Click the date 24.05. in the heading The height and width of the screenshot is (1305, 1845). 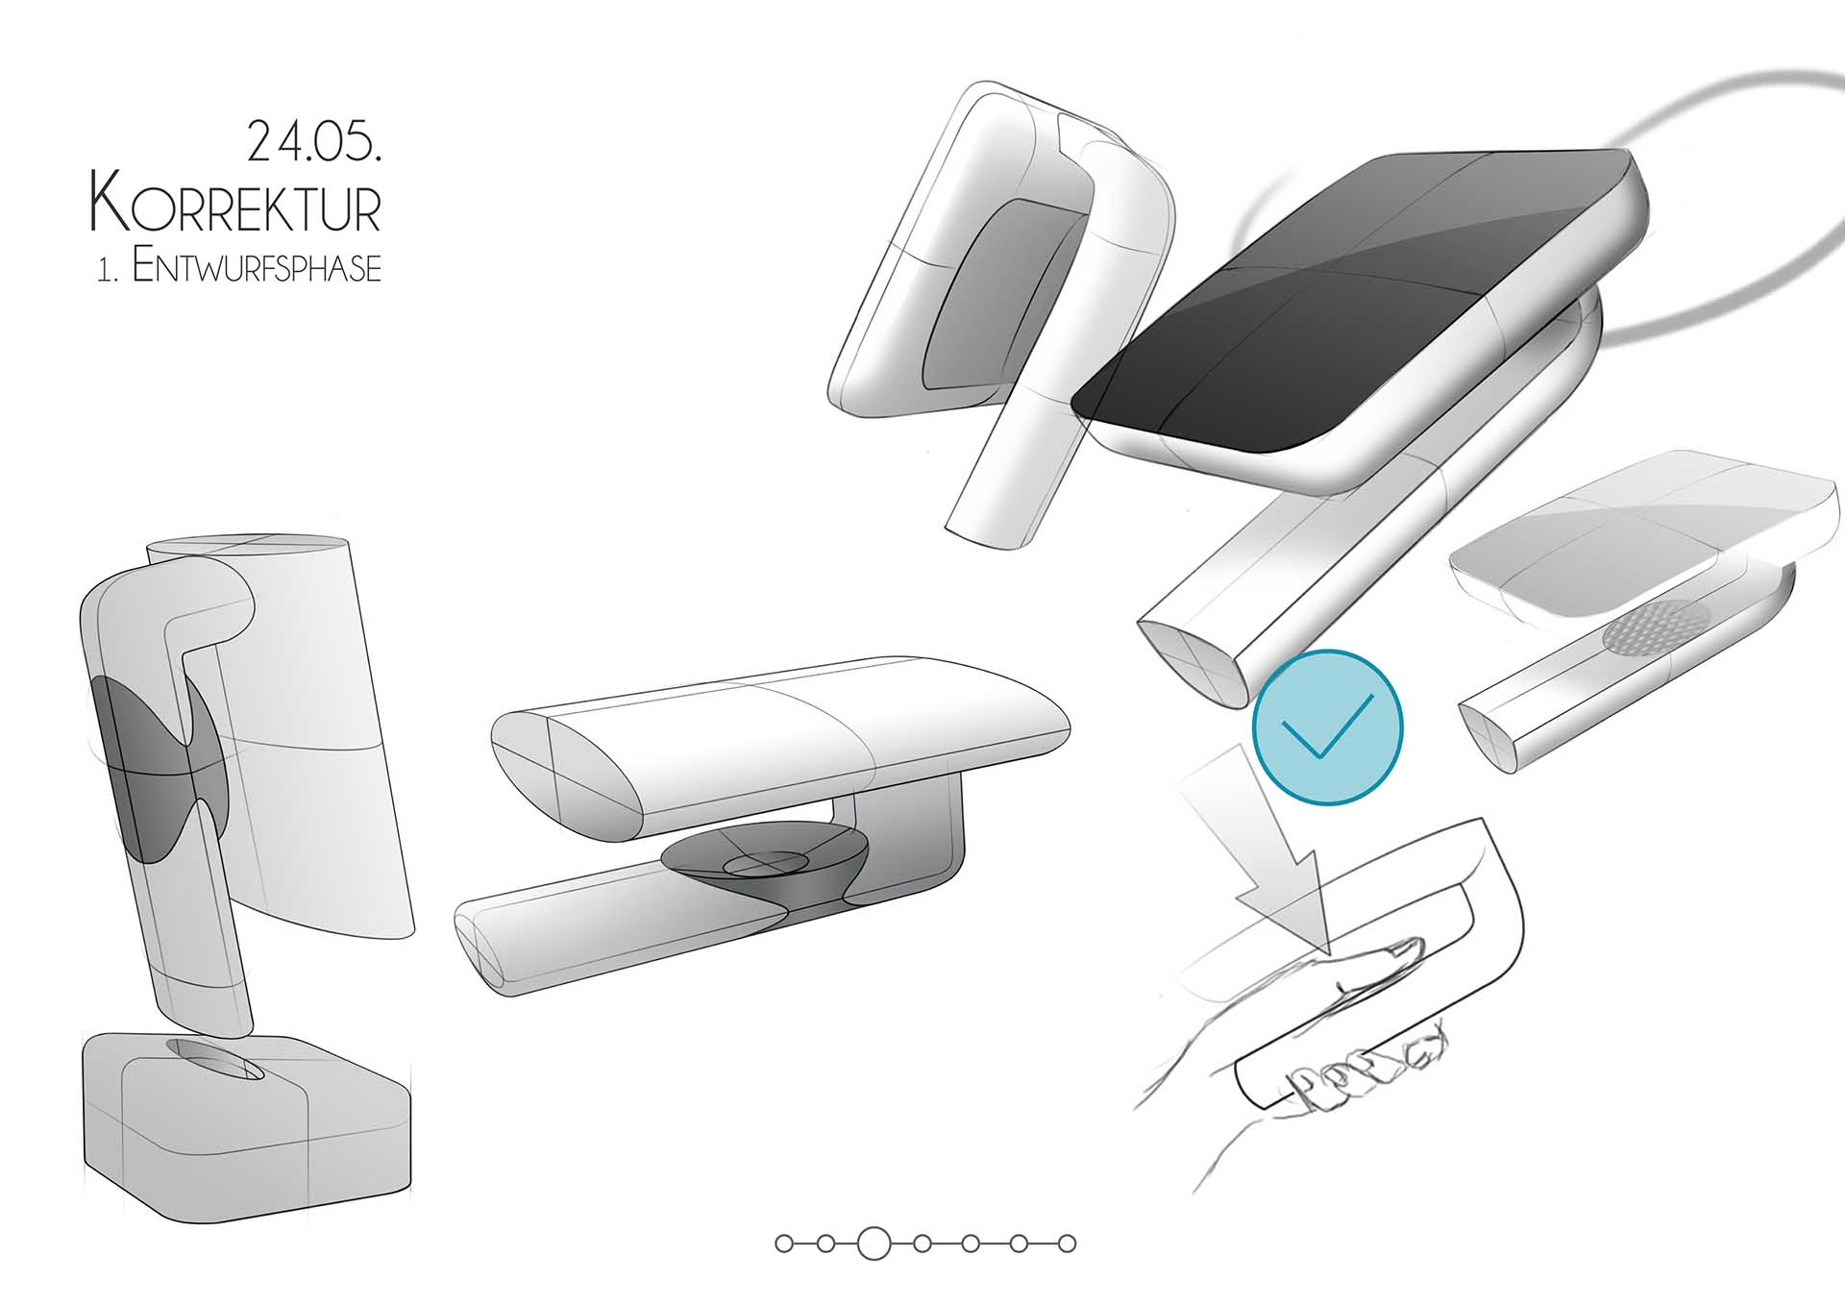314,141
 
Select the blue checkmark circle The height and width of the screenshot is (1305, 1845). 1327,726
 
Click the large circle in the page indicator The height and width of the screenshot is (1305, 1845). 873,1243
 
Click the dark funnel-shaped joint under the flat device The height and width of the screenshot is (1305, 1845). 767,865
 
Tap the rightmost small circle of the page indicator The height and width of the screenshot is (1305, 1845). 1067,1243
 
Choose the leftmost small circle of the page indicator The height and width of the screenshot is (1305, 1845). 784,1243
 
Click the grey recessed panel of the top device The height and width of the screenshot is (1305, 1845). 999,293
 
